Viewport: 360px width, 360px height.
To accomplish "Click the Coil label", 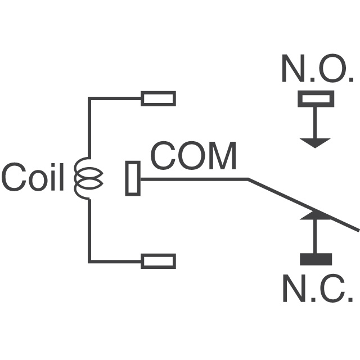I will point(33,178).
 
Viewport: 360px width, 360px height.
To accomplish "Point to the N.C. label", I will point(317,290).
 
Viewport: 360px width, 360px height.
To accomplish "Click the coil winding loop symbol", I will point(88,179).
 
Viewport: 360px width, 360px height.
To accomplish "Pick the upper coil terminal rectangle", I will point(158,98).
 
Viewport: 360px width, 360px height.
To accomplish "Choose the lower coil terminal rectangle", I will point(158,261).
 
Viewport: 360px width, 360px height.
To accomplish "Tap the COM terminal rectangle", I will point(133,178).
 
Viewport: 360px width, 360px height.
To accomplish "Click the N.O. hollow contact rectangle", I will point(316,99).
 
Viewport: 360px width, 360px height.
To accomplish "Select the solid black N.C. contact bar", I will point(316,259).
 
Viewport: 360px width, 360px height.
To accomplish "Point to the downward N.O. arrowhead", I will point(316,142).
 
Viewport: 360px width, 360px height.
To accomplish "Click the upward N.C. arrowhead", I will point(316,215).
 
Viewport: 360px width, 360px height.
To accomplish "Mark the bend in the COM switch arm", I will point(248,179).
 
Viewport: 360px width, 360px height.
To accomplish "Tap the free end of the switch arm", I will point(357,228).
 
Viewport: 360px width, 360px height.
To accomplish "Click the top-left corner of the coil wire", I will point(89,98).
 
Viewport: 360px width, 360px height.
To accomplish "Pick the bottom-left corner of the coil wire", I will point(89,261).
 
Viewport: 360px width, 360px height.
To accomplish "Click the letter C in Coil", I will point(12,178).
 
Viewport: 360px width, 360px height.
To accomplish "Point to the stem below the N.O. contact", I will point(316,122).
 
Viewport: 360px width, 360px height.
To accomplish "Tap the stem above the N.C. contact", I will point(316,236).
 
